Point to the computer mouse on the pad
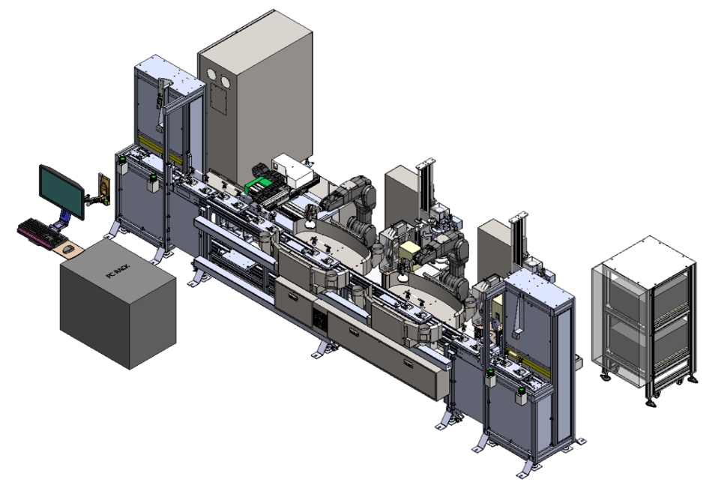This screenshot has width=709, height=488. click(67, 249)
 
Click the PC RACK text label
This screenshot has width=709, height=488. click(117, 272)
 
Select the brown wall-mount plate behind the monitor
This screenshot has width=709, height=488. click(104, 189)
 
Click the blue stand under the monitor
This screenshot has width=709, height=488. click(63, 218)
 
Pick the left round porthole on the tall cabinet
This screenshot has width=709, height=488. click(211, 76)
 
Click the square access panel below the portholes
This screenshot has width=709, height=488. click(218, 100)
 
